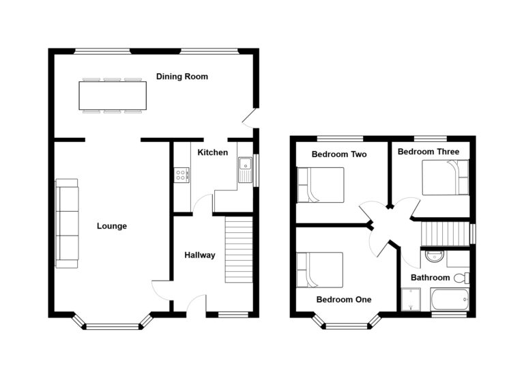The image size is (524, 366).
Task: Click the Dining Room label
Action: (182, 76)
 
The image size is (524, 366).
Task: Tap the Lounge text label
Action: (112, 226)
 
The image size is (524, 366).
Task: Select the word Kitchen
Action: (213, 152)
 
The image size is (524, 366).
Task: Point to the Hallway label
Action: (200, 255)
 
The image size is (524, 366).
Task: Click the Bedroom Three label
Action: (428, 152)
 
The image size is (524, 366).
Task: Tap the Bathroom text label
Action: (430, 278)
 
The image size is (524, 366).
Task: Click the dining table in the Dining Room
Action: (113, 96)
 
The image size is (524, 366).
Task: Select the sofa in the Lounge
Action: (67, 223)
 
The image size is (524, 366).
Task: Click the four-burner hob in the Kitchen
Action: (181, 175)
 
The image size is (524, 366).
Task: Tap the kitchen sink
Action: (246, 169)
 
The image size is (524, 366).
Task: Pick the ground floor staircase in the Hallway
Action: (239, 249)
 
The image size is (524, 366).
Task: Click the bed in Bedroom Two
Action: (321, 184)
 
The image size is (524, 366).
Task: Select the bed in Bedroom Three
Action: (446, 178)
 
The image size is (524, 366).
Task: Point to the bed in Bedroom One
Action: (320, 270)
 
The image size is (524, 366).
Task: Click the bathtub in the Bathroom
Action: (450, 300)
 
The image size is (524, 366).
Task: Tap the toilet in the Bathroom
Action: (462, 278)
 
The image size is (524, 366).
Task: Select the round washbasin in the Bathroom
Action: (435, 256)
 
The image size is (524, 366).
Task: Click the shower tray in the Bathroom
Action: (411, 300)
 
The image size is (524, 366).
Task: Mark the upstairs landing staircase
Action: (445, 234)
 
